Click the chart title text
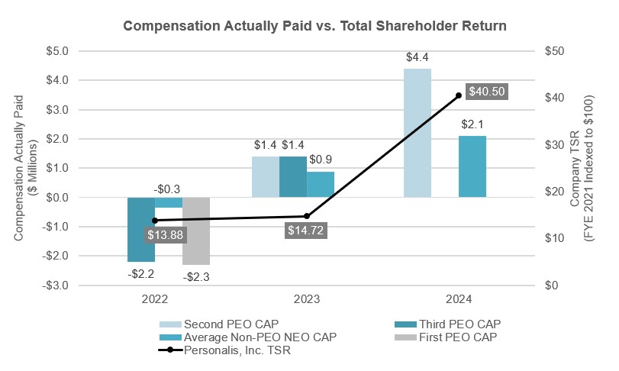click(x=309, y=26)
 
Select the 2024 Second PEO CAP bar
click(x=418, y=133)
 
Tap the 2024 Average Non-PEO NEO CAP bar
click(x=472, y=166)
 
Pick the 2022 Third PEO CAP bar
click(x=141, y=229)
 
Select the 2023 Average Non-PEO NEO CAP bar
click(x=321, y=184)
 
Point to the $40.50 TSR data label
click(x=486, y=91)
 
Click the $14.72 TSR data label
click(x=306, y=230)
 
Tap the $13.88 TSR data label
click(x=164, y=235)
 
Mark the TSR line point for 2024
click(x=459, y=95)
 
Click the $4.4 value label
click(x=418, y=56)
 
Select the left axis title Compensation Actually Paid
click(x=25, y=168)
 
